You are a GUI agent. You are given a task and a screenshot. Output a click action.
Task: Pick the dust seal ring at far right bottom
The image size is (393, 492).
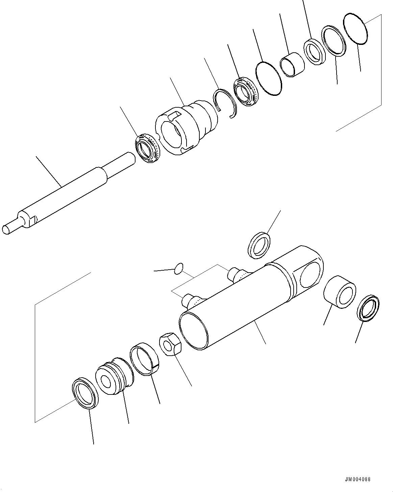click(368, 307)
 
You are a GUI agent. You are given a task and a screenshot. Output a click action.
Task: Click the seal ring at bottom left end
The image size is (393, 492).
click(85, 393)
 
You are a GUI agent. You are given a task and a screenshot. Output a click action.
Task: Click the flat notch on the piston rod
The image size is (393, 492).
click(33, 221)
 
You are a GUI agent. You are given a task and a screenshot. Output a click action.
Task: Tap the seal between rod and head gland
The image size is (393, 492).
click(147, 148)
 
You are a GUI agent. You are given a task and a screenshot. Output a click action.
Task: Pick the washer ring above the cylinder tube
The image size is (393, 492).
click(260, 245)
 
